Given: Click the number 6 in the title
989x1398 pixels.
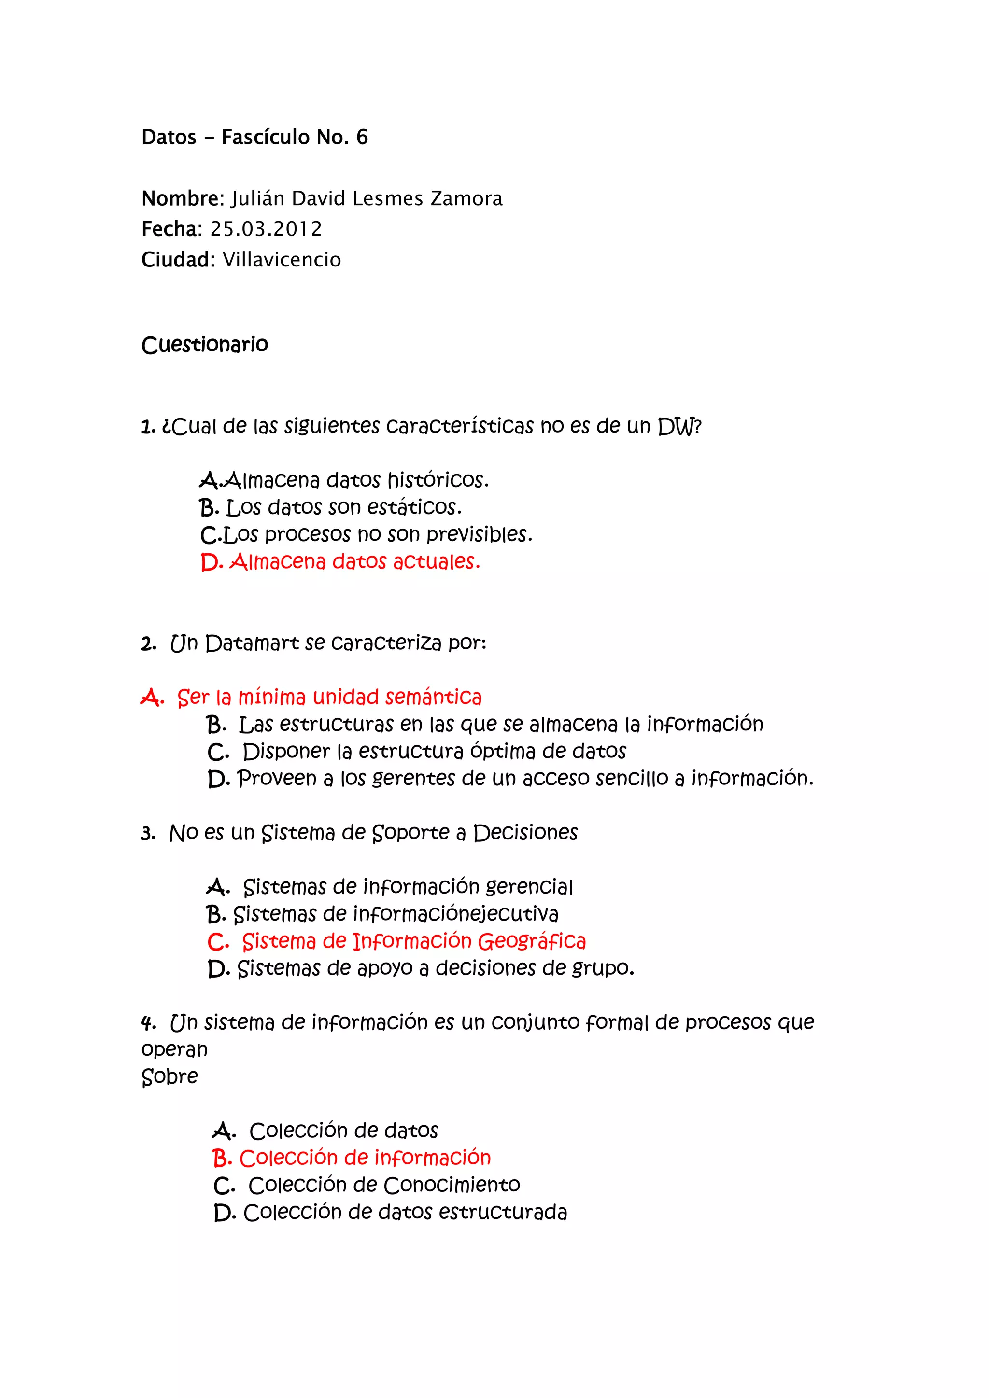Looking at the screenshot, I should (x=362, y=137).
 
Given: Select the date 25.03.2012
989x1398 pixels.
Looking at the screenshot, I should (x=266, y=229).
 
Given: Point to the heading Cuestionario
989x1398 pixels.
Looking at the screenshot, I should (x=205, y=345).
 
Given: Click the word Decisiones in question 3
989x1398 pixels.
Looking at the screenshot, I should (x=525, y=833).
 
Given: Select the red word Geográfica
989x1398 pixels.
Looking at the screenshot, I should (x=531, y=941).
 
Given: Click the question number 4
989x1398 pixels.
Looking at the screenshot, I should (x=147, y=1023).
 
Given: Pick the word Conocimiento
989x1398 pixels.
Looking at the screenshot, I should (x=452, y=1185).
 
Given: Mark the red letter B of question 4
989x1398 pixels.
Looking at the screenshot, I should (x=220, y=1158).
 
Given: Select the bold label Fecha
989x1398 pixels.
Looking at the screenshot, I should (x=170, y=229).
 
